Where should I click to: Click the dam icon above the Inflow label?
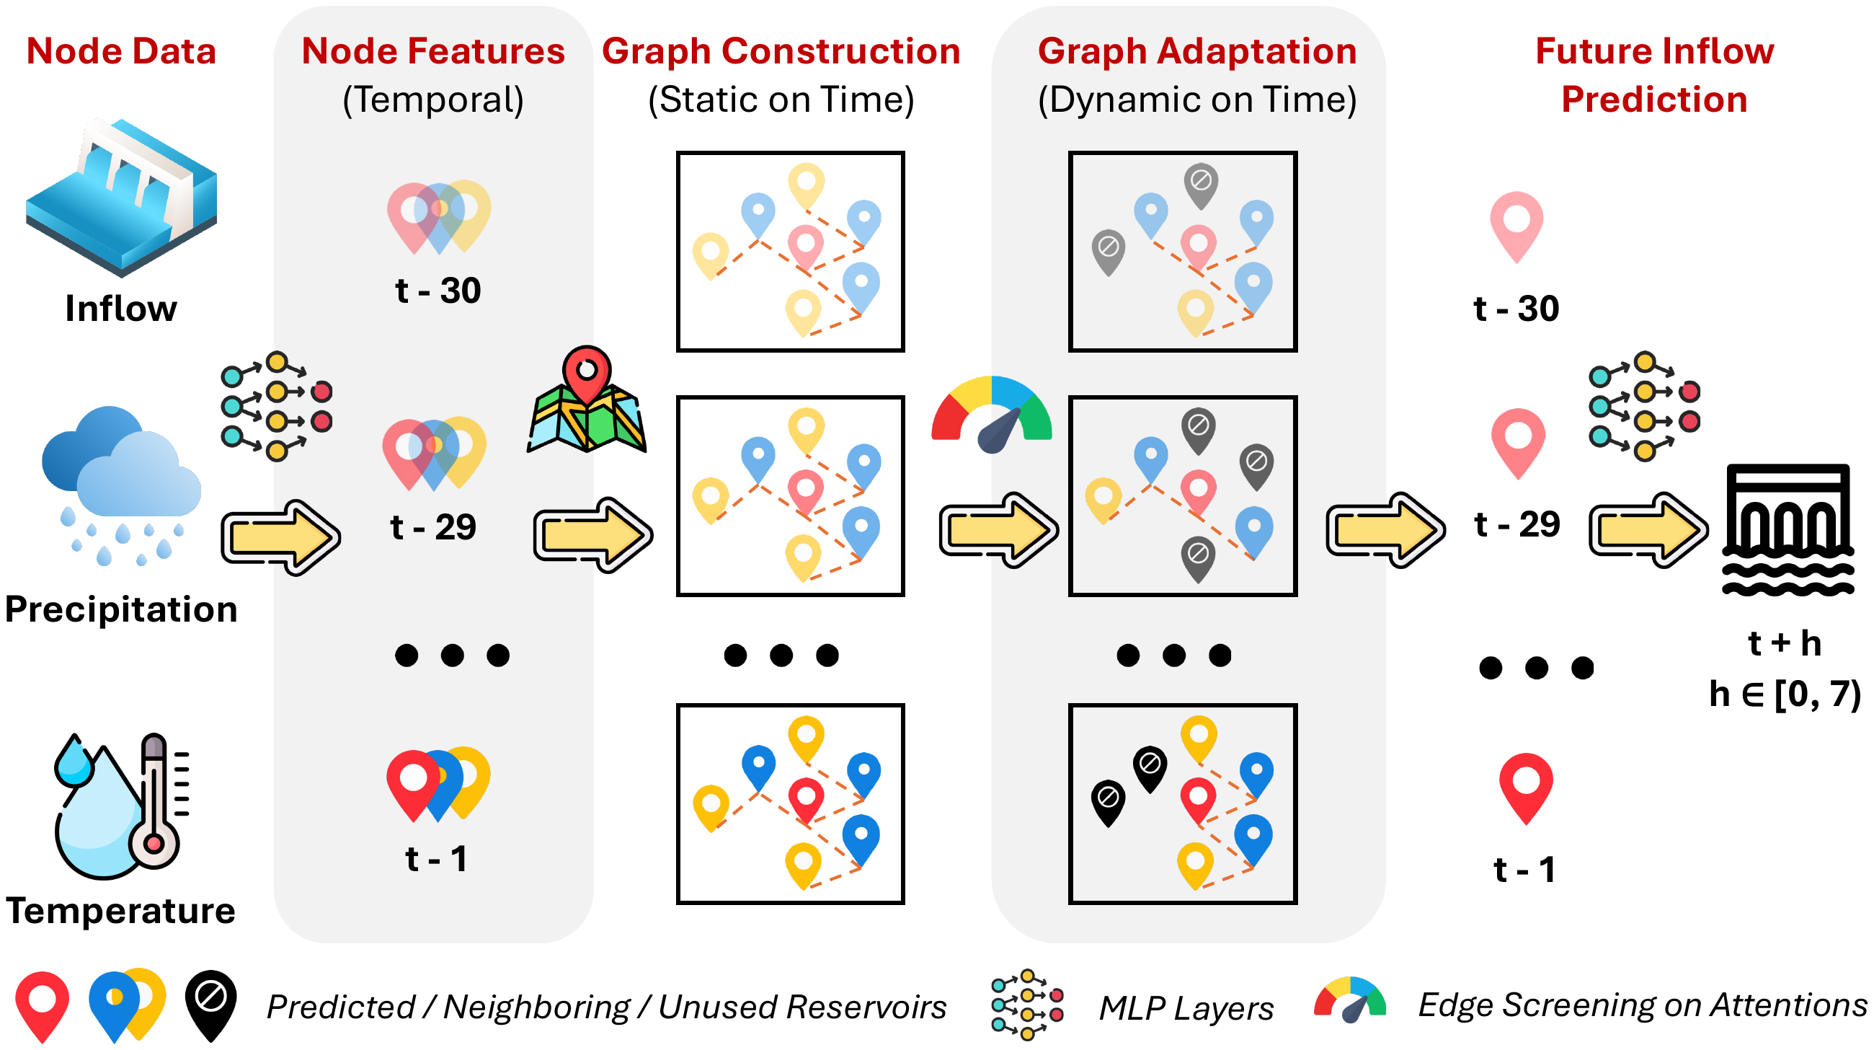pos(122,198)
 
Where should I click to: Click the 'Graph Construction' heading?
pos(781,51)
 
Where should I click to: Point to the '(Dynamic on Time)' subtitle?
pos(1196,100)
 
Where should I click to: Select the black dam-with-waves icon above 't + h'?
pos(1788,530)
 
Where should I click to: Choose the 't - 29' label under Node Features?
pos(433,527)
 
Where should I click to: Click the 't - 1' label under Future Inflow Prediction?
pos(1524,870)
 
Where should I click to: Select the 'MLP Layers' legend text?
pos(1186,1008)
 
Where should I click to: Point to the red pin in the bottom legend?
pos(43,1007)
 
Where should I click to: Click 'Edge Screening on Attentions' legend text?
pos(1643,1005)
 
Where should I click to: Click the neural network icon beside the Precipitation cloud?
pos(277,406)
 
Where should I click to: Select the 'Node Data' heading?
pos(121,51)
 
